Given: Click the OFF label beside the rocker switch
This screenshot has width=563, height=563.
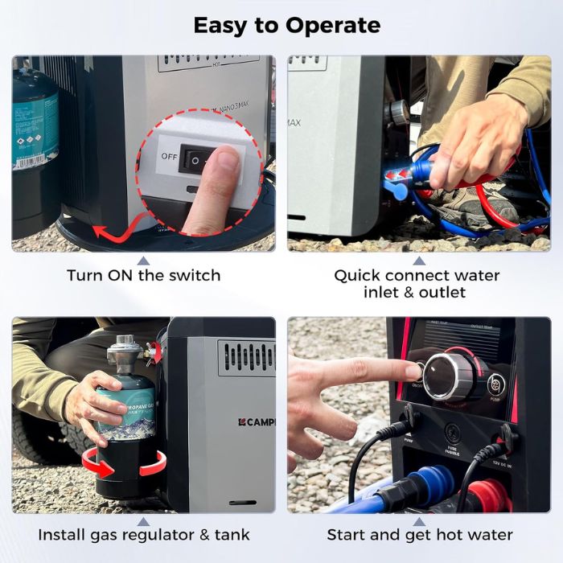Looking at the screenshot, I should coord(169,156).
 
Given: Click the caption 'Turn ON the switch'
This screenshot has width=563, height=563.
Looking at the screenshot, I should coord(143,275).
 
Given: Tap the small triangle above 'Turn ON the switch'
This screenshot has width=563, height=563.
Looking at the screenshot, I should coord(143,260).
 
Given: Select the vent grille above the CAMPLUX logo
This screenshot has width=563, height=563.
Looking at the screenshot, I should coord(246,357).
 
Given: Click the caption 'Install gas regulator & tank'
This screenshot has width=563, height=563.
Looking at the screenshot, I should coord(143,534).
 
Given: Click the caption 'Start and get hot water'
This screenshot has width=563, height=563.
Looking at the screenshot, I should coord(419,534).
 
